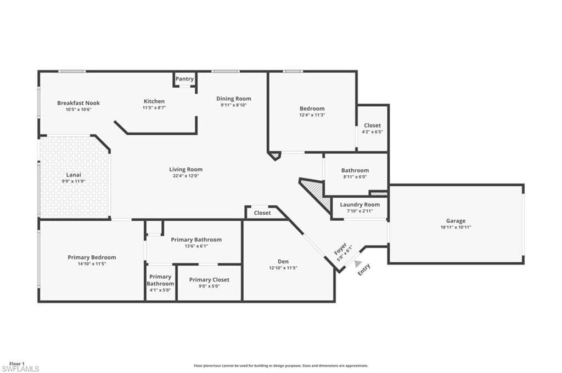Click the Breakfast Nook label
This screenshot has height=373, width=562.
(x=78, y=103)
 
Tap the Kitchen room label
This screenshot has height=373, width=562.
(x=154, y=101)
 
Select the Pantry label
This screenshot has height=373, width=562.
(x=184, y=79)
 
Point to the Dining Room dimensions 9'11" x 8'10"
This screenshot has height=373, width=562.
(x=233, y=105)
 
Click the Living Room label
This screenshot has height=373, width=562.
(x=186, y=170)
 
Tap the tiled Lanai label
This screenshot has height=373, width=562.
(x=74, y=175)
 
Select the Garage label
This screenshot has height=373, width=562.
(x=456, y=221)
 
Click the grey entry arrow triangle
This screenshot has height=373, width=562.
(x=358, y=263)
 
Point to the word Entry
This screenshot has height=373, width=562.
(x=364, y=269)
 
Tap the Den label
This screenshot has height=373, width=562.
(x=283, y=262)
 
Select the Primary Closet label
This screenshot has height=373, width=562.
(x=209, y=280)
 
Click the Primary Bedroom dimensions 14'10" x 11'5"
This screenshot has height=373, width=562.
(x=92, y=263)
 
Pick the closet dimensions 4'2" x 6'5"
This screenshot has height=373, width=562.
(x=372, y=132)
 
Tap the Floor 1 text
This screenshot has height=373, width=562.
(x=17, y=364)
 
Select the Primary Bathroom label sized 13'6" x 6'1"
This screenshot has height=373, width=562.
(x=196, y=239)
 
